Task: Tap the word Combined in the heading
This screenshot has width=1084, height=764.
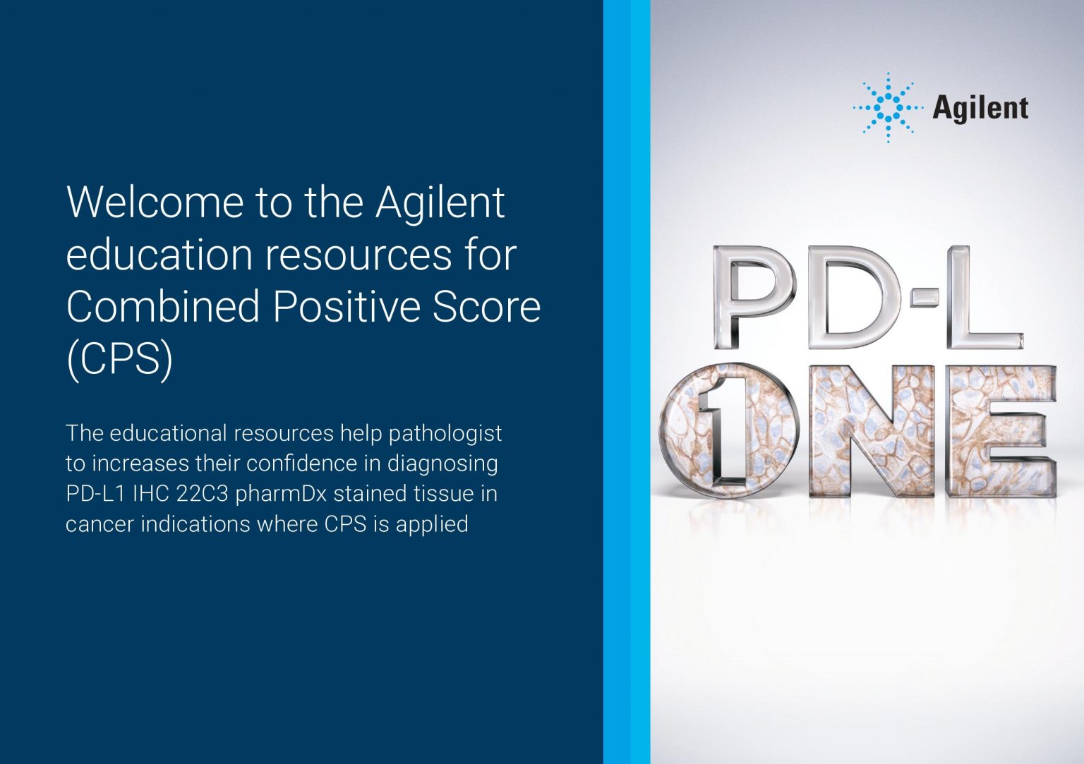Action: [163, 307]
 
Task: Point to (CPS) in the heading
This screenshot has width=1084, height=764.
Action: [119, 360]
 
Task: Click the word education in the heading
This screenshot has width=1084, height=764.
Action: [159, 255]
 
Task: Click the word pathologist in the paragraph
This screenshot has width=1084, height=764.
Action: [445, 433]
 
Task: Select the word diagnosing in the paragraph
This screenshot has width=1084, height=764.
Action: [442, 463]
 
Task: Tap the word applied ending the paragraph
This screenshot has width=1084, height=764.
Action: [432, 524]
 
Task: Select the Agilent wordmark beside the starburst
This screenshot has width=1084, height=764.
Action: [980, 109]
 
